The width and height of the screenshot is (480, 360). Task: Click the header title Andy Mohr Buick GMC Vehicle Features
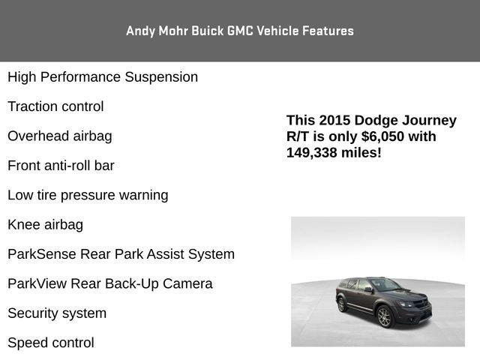[x=240, y=31]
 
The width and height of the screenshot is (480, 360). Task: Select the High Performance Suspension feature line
[x=103, y=77]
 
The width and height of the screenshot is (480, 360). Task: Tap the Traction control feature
[x=55, y=106]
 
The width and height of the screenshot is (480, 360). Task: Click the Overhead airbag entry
[x=60, y=136]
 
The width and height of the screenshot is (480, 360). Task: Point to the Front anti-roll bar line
[x=61, y=166]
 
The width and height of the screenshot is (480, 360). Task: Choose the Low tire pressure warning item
[x=88, y=195]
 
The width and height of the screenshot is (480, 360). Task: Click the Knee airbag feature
[x=45, y=224]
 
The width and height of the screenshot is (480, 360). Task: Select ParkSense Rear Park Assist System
[x=121, y=254]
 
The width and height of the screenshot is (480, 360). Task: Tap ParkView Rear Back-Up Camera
[x=110, y=283]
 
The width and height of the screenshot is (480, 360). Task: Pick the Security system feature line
[x=57, y=313]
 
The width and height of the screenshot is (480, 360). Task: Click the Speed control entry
[x=51, y=343]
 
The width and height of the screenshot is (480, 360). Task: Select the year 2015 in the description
[x=334, y=121]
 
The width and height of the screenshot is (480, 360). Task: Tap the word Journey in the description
[x=427, y=121]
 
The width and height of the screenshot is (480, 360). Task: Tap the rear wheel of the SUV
[x=341, y=304]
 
